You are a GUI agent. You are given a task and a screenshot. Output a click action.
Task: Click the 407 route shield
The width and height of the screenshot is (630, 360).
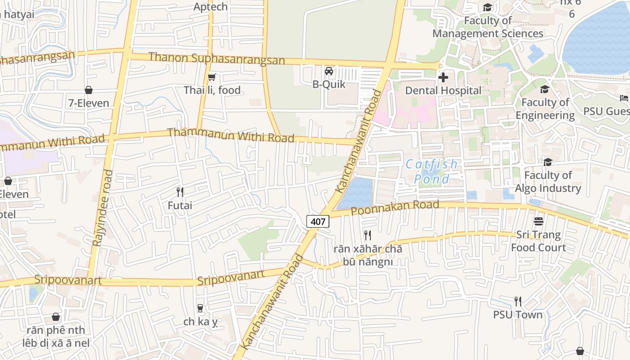318,221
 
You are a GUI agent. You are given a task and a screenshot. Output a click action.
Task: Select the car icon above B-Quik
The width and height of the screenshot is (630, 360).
329,71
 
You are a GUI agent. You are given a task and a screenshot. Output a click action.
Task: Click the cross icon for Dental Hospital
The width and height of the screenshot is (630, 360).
443,77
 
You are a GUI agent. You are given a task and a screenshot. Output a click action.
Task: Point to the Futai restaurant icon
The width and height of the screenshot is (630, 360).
180,192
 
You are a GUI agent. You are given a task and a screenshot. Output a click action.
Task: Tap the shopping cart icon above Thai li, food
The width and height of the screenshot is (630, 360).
212,77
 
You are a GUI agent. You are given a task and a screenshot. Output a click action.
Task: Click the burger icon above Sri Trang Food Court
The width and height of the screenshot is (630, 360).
538,221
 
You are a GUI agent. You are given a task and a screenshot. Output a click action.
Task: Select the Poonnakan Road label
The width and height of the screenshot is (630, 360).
395,207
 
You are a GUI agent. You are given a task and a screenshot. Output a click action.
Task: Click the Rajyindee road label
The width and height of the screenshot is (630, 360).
102,207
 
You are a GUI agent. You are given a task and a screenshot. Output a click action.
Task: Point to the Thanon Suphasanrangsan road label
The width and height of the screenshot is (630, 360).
216,58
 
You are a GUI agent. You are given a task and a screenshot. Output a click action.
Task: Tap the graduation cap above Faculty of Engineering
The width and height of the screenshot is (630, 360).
544,89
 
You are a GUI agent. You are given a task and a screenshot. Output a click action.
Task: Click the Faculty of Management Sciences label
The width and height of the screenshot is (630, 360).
488,27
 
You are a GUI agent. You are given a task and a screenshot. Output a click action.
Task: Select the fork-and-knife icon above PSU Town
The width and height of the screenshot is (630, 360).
518,301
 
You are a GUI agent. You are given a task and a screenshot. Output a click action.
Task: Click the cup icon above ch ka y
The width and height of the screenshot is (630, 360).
200,308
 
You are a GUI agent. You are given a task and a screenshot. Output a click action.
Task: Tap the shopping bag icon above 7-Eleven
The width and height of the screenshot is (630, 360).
89,90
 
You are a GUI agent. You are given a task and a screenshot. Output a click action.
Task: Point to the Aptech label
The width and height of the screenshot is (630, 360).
211,7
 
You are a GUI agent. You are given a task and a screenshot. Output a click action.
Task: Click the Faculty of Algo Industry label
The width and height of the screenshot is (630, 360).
548,181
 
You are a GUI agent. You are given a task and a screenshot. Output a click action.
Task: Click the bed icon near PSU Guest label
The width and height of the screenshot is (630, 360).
624,98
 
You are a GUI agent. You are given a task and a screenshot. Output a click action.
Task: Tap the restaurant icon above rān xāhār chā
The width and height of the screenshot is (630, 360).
368,235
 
